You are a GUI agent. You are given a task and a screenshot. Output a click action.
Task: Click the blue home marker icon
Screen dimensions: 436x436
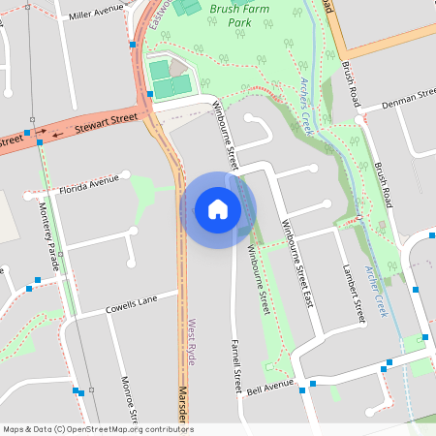click(218, 208)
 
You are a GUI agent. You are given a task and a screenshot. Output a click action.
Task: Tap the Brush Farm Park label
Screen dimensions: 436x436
click(239, 22)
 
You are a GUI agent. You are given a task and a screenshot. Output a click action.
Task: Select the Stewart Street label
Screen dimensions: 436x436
click(109, 120)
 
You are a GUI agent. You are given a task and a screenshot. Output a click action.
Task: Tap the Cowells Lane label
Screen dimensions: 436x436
click(131, 306)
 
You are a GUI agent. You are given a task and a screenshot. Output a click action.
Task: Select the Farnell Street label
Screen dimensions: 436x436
click(235, 365)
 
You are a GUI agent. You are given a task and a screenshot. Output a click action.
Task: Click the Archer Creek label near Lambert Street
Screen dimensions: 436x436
click(375, 290)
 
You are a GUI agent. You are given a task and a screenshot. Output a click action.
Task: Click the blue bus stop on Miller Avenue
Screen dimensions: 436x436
click(132, 45)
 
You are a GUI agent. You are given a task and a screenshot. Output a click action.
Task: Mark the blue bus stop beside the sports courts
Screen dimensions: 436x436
click(149, 94)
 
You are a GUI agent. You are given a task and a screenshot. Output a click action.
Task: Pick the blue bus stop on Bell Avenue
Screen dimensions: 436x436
click(301, 389)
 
